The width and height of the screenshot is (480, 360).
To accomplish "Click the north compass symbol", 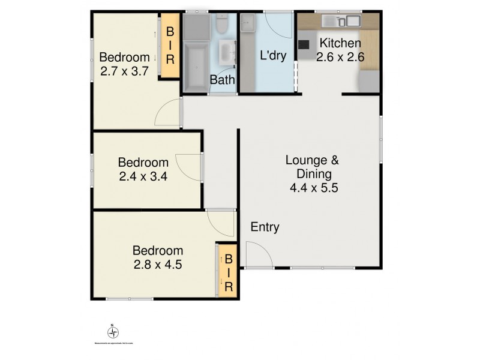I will pos(112,332).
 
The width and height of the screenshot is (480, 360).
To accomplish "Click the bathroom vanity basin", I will pos(226,53).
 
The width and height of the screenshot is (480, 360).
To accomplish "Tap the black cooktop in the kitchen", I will pos(304,44).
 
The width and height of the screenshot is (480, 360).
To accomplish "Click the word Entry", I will pos(265,227).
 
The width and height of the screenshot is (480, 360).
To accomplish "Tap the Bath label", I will pos(222,79).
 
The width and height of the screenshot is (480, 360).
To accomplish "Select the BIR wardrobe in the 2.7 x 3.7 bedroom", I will pos(170,45).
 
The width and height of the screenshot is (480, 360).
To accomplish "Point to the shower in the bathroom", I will pos(194,27).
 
